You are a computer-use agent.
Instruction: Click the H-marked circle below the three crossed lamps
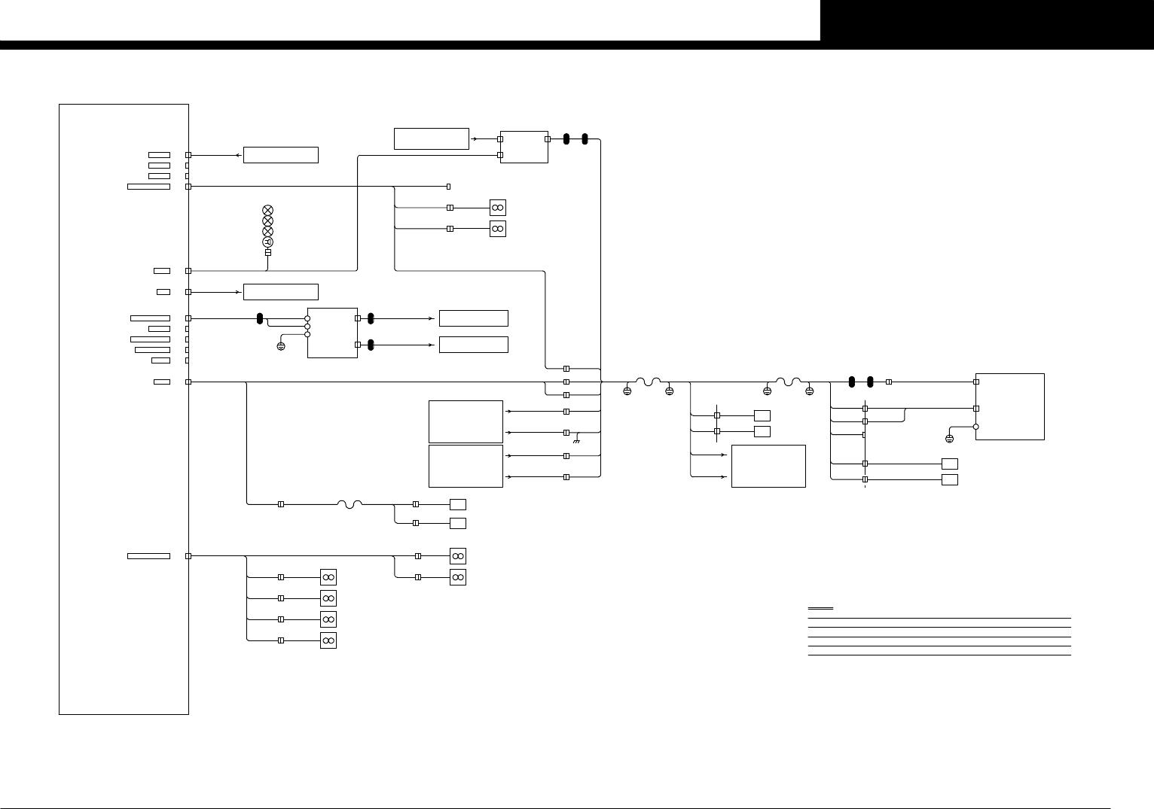coord(267,242)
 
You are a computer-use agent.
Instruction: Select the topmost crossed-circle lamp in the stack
coord(267,210)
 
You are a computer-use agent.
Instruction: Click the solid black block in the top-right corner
coord(987,20)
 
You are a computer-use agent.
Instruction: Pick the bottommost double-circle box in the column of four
coord(328,640)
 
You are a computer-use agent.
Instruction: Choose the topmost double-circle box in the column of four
coord(328,577)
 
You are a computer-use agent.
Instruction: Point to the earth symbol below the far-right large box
coord(949,438)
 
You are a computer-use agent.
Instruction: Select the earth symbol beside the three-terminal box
coord(281,346)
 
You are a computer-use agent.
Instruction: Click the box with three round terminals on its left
coord(332,333)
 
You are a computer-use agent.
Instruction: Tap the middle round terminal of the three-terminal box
coord(307,327)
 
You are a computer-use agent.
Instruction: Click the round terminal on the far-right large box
coord(976,426)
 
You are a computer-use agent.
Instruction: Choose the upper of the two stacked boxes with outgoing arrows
coord(466,421)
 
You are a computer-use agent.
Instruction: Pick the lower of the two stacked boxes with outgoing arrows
coord(466,466)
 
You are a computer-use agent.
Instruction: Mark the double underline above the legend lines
coord(820,608)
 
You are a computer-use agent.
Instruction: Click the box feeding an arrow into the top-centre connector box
coord(432,138)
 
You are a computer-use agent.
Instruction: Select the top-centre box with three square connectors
coord(524,147)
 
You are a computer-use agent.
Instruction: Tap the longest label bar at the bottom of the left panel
coord(148,556)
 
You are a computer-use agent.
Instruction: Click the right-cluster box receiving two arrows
coord(768,466)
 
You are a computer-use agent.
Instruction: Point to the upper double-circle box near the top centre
coord(497,208)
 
